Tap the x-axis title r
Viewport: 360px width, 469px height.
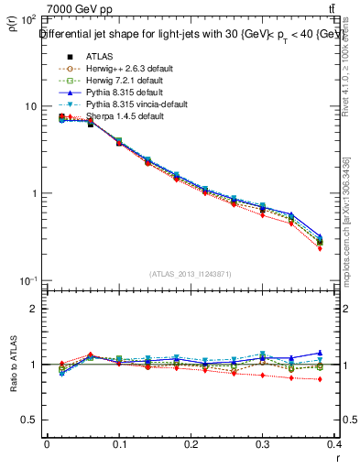tap(337, 459)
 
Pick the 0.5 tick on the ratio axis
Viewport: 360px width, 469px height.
tap(28, 420)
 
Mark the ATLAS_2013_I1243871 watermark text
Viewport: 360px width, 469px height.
tap(191, 273)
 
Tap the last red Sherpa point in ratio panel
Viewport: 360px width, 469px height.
tap(320, 378)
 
